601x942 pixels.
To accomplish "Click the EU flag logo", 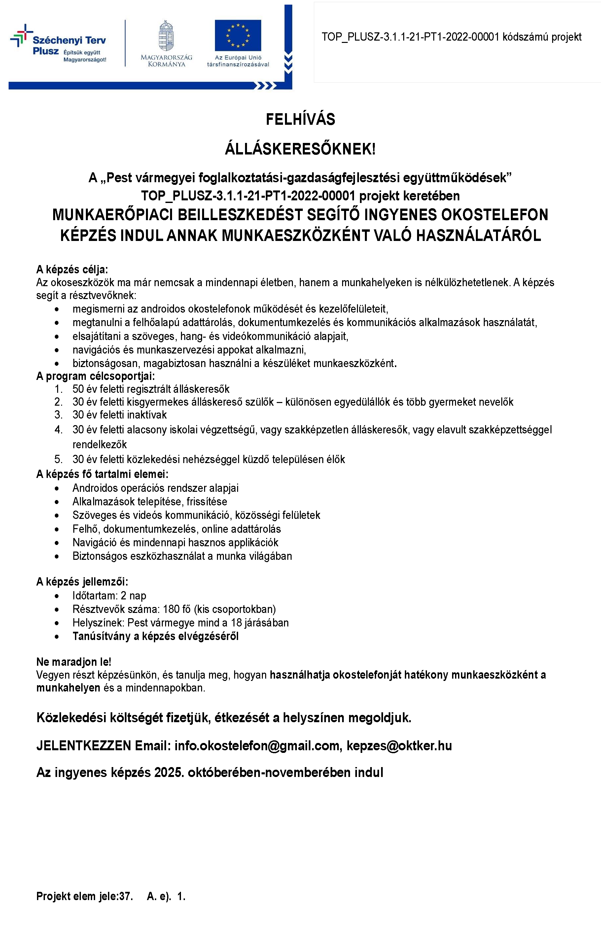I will point(238,36).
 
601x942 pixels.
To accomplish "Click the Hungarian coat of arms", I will point(166,36).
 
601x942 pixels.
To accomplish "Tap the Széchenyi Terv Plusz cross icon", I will point(21,35).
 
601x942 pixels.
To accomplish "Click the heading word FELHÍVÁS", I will point(300,119).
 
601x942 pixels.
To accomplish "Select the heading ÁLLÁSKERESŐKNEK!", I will point(300,149).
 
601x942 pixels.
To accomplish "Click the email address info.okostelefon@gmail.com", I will point(257,746).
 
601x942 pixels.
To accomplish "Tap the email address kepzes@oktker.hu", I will point(399,746).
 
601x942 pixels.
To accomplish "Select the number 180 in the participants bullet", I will point(171,609).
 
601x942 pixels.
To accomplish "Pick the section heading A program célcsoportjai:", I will point(95,376).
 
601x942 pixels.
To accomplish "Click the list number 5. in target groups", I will point(59,459).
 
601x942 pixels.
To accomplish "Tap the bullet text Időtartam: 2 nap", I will point(109,596).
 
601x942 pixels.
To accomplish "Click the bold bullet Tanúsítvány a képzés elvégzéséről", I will point(155,636).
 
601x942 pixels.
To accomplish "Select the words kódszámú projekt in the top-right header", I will point(542,37).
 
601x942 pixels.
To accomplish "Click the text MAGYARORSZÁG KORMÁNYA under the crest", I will point(166,61).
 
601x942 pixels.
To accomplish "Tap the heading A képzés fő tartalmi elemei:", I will point(102,474).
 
